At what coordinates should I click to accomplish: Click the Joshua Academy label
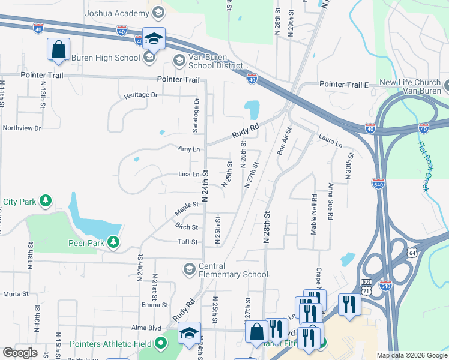pos(117,13)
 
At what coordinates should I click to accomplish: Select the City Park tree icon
pos(46,202)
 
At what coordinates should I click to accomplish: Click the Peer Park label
pos(86,242)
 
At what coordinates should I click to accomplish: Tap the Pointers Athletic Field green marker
pos(160,344)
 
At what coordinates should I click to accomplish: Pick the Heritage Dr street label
pos(140,95)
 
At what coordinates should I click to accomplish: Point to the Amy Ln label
pos(188,149)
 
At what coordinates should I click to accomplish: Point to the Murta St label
pos(16,293)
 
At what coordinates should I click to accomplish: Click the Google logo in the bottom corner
pos(20,353)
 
